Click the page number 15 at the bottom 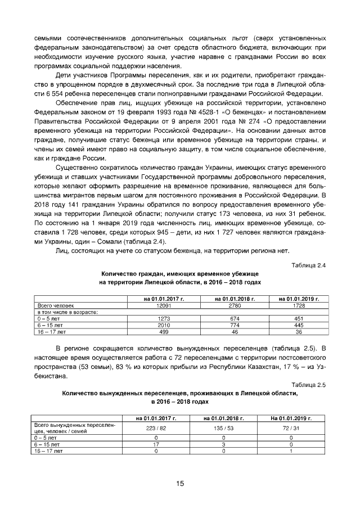[180, 483]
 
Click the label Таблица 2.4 [309, 264]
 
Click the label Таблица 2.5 [309, 384]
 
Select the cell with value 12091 [164, 305]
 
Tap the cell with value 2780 [235, 305]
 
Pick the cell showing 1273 [164, 318]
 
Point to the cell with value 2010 [164, 325]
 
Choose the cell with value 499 [164, 331]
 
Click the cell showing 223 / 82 [156, 428]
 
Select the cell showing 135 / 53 [223, 428]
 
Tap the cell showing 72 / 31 [291, 428]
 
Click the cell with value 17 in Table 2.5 [156, 444]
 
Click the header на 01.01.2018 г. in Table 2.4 [235, 298]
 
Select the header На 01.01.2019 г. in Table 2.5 [291, 418]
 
